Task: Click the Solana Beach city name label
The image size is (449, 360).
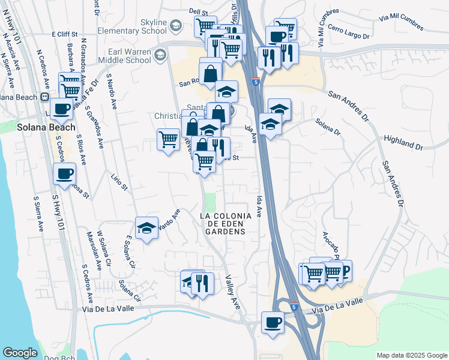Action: pyautogui.click(x=46, y=127)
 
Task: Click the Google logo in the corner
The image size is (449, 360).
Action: pyautogui.click(x=20, y=353)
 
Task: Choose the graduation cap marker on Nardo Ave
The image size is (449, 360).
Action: pyautogui.click(x=146, y=228)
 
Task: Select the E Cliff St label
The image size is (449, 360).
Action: pyautogui.click(x=65, y=34)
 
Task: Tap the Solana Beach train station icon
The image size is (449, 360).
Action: pyautogui.click(x=44, y=97)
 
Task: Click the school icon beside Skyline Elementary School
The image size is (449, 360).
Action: pyautogui.click(x=175, y=26)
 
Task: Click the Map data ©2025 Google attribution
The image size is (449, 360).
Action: pyautogui.click(x=412, y=355)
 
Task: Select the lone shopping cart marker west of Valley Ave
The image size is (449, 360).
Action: pyautogui.click(x=169, y=139)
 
